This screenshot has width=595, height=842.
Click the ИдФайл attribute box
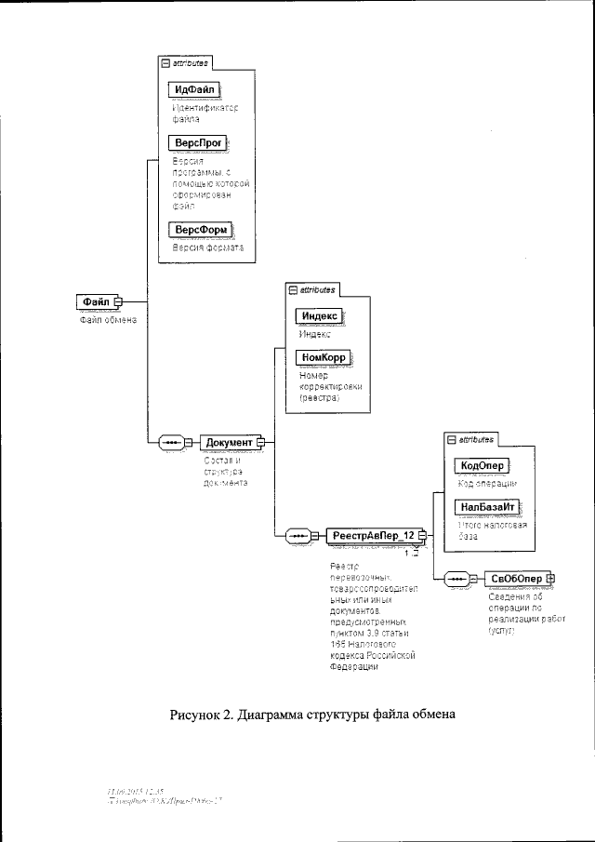[192, 88]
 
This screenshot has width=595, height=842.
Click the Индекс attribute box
[318, 316]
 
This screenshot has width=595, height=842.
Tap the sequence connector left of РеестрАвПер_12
[298, 535]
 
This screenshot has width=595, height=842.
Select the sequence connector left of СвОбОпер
[456, 579]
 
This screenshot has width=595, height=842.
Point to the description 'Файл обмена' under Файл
[106, 320]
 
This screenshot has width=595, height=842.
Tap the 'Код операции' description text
[487, 484]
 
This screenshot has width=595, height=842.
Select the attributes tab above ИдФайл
[186, 63]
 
